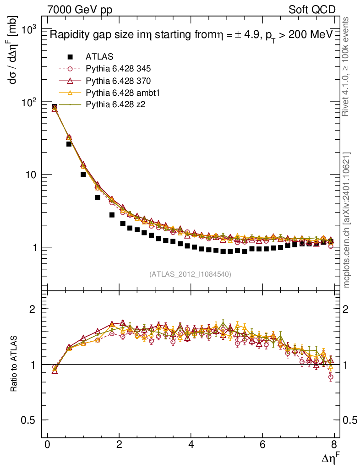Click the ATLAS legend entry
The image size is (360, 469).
click(x=99, y=57)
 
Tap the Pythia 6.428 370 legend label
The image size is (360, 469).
click(x=118, y=81)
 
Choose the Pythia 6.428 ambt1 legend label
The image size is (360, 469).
click(x=122, y=93)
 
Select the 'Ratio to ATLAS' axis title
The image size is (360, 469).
click(x=14, y=365)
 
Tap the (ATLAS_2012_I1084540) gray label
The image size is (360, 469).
click(x=190, y=274)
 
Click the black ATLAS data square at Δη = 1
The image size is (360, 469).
click(x=83, y=175)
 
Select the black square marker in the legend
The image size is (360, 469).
click(x=70, y=57)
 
